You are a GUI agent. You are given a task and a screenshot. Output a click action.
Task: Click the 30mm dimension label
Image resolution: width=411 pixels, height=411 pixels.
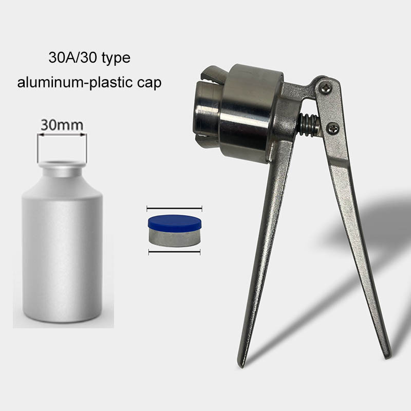[x=62, y=125]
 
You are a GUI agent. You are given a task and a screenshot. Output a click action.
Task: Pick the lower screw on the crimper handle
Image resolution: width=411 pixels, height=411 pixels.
[x=333, y=129]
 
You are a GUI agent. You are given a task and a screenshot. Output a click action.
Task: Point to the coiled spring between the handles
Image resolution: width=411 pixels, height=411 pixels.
[x=309, y=125]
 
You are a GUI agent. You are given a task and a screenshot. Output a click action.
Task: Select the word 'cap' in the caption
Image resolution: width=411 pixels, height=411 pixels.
[x=149, y=84]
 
